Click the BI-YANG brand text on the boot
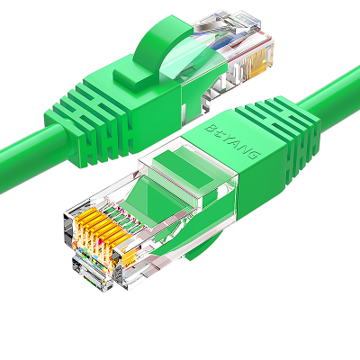pyautogui.click(x=231, y=141)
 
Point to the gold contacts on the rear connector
pyautogui.click(x=258, y=64)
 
